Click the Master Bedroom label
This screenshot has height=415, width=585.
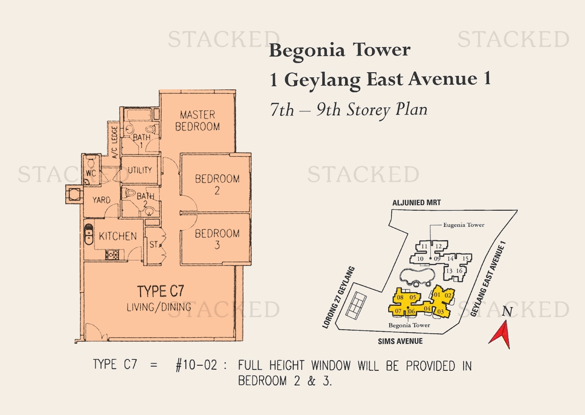pyautogui.click(x=197, y=120)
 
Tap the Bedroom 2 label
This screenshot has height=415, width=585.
pyautogui.click(x=217, y=184)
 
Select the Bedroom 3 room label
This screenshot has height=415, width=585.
pyautogui.click(x=217, y=239)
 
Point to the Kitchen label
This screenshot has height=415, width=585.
pyautogui.click(x=118, y=236)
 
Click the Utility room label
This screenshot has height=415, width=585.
pyautogui.click(x=140, y=170)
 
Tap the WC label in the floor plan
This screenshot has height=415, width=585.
pyautogui.click(x=91, y=174)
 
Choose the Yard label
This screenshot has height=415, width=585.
pyautogui.click(x=101, y=200)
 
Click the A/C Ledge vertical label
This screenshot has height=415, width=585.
pyautogui.click(x=114, y=142)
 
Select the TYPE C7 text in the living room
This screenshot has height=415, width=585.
pyautogui.click(x=160, y=291)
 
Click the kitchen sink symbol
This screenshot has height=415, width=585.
pyautogui.click(x=88, y=234)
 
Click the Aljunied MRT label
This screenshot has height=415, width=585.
pyautogui.click(x=416, y=202)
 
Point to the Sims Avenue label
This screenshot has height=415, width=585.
pyautogui.click(x=400, y=341)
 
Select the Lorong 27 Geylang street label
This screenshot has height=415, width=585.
pyautogui.click(x=338, y=298)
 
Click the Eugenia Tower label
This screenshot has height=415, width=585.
pyautogui.click(x=464, y=225)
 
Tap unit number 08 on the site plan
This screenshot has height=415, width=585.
pyautogui.click(x=400, y=298)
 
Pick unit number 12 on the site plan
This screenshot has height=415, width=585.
pyautogui.click(x=438, y=246)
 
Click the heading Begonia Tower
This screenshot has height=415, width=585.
pyautogui.click(x=339, y=50)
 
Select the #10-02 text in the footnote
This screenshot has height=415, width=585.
pyautogui.click(x=196, y=365)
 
